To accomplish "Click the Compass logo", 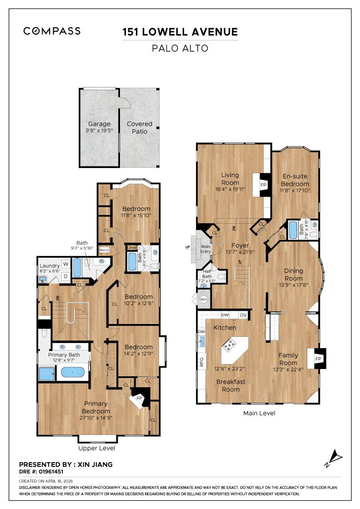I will tap(52, 31).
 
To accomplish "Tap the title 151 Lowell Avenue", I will tap(180, 32).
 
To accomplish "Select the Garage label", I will tap(99, 124).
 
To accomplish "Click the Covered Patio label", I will tap(140, 127).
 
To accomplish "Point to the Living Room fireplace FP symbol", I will tap(263, 185).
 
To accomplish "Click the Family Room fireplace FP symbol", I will tap(319, 359).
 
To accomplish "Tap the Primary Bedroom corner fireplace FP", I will tap(140, 399).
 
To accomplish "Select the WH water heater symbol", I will tap(204, 299).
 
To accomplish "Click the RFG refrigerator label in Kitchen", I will tap(201, 362).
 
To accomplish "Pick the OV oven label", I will tap(243, 315).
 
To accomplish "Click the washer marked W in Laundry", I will tap(65, 264).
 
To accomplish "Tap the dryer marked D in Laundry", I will tap(65, 276).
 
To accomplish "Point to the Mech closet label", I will tap(104, 250).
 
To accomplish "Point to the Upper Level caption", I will tap(96, 448).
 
